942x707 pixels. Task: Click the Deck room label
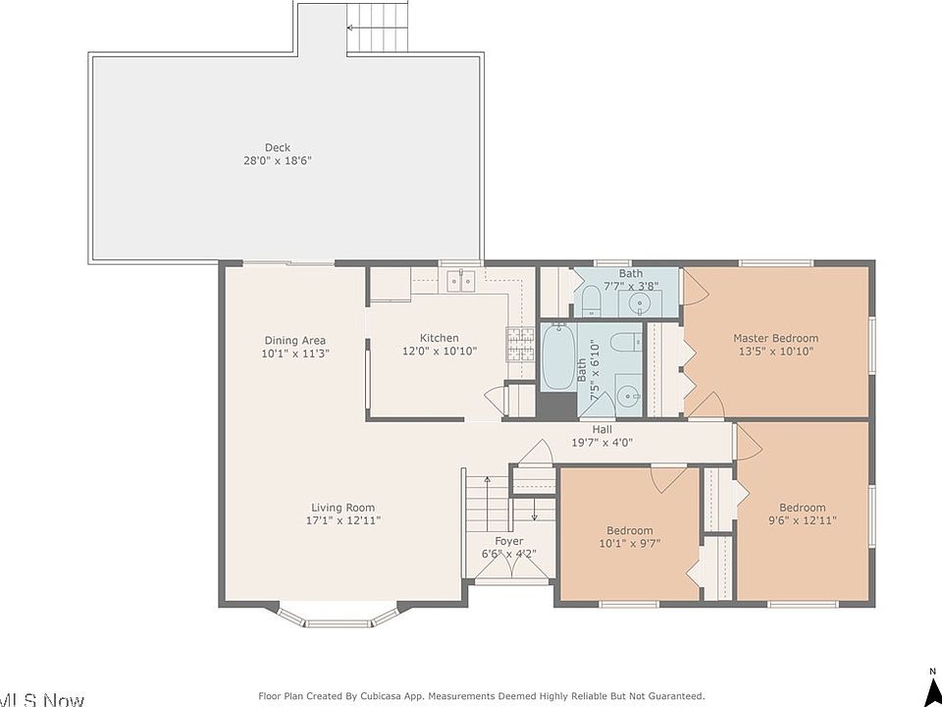tap(278, 147)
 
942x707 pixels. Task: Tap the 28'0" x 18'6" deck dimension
tap(278, 161)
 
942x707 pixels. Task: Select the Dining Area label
tap(295, 341)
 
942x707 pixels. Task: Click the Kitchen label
tap(440, 338)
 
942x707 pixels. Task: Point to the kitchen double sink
tap(461, 281)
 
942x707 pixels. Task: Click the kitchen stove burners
tap(520, 346)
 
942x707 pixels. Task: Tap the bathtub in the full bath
tap(558, 356)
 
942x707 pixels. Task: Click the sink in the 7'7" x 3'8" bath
tap(640, 303)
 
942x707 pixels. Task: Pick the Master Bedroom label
tap(775, 338)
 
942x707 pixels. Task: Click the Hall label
tap(602, 430)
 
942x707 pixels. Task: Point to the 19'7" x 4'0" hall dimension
tap(602, 443)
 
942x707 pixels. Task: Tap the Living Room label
tap(343, 508)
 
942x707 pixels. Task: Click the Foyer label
tap(509, 541)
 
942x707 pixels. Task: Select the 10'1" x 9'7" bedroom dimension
tap(630, 544)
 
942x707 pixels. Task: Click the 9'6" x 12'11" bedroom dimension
tap(803, 520)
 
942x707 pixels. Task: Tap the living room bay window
tap(339, 617)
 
